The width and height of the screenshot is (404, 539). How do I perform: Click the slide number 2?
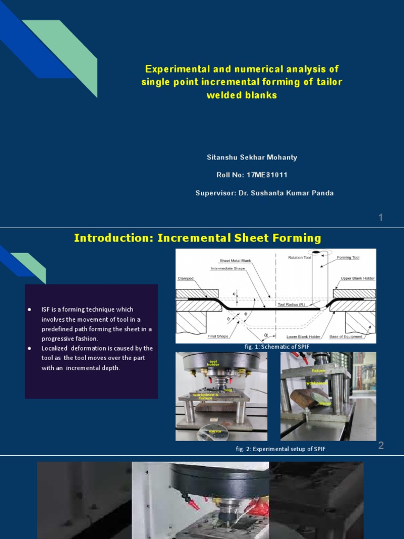point(381,446)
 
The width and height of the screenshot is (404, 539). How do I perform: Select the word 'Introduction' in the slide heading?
point(111,238)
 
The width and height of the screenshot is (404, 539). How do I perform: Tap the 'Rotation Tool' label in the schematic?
point(300,257)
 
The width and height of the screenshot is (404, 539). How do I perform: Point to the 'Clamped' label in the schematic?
point(186,278)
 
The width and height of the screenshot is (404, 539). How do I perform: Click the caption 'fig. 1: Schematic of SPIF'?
point(276,346)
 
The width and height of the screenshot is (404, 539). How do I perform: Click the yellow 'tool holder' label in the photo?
point(213,363)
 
